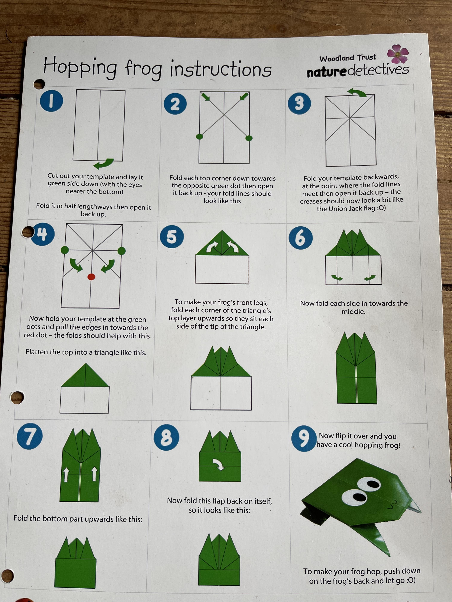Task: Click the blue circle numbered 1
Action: coord(52,101)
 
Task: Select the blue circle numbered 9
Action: coord(304,439)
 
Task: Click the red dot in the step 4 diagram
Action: coord(91,277)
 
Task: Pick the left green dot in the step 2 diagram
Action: coord(200,136)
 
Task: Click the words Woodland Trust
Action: coord(348,58)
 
